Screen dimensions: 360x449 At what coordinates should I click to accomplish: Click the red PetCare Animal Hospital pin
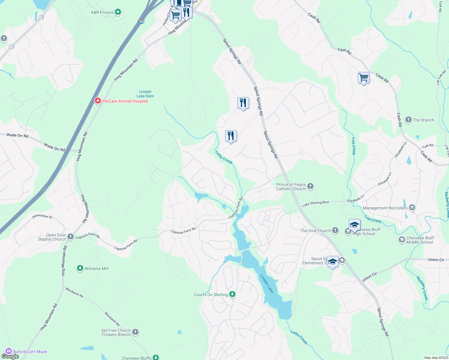click(98, 101)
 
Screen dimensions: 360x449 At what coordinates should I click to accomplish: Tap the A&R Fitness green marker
click(118, 12)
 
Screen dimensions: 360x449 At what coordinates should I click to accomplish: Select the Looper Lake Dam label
click(145, 94)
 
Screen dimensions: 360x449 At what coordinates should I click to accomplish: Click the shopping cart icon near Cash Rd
click(363, 78)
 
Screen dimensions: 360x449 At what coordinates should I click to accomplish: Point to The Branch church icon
click(408, 120)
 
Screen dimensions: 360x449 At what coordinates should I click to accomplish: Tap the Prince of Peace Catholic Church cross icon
click(310, 187)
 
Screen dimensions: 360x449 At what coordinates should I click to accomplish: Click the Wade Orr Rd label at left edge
click(17, 136)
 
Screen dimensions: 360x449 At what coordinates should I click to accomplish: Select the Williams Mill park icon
click(80, 268)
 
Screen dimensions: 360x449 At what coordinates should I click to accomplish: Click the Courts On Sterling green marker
click(232, 294)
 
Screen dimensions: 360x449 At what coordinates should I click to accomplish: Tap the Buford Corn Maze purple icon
click(9, 351)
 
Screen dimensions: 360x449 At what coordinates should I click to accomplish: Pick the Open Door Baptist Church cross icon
click(71, 237)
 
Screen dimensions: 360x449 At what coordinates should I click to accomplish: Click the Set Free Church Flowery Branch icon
click(135, 332)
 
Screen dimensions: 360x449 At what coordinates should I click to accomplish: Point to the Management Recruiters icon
click(412, 208)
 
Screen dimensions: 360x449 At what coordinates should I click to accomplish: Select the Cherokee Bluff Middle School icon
click(402, 240)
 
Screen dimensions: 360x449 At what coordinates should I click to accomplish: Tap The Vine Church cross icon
click(335, 230)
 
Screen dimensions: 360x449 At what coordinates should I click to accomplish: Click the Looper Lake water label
click(267, 283)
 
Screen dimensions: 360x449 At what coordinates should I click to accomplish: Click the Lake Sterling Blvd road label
click(315, 204)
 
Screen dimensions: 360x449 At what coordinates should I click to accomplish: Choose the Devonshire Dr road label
click(42, 216)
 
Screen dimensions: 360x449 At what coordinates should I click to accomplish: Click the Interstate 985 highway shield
click(141, 22)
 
